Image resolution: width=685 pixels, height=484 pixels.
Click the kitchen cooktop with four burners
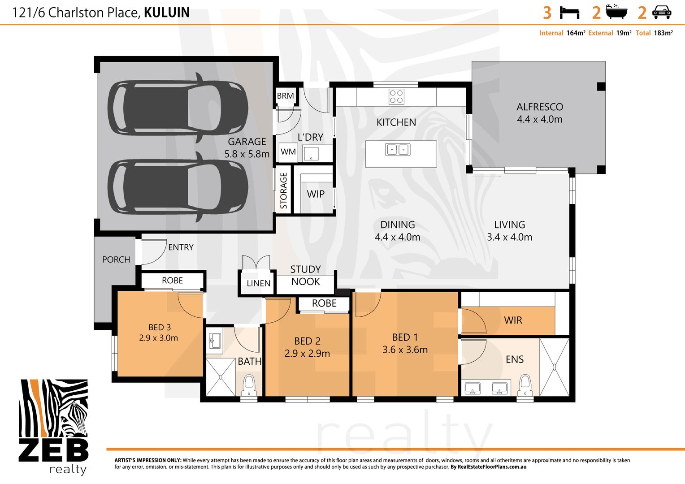[396, 97]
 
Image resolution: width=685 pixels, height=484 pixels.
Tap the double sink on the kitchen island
[398, 149]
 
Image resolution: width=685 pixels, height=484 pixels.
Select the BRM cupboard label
[285, 96]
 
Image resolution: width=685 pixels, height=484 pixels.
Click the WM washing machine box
[288, 152]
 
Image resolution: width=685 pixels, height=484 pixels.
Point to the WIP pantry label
[316, 194]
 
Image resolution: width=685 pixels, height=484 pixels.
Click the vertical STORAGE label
[283, 191]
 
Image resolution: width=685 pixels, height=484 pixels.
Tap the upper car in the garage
[178, 108]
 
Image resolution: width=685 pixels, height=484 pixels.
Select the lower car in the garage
[178, 186]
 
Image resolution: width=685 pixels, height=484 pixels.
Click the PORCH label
[116, 259]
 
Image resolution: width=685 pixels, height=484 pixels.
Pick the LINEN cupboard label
[258, 283]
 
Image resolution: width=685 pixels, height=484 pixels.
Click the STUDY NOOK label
[305, 275]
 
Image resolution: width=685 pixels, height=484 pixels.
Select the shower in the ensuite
[555, 367]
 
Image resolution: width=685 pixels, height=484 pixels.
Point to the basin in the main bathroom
[215, 340]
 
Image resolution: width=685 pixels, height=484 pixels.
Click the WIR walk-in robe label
[513, 320]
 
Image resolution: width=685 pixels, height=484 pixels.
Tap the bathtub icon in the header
[616, 12]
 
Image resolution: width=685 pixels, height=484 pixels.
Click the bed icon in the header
[569, 13]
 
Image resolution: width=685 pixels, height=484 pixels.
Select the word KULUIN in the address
[167, 13]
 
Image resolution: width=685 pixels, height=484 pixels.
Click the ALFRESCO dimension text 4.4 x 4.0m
[539, 119]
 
